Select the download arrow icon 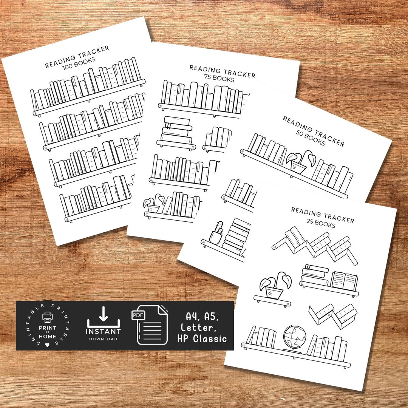(104, 315)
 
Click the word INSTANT (104, 331)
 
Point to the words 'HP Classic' (202, 338)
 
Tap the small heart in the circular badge (48, 345)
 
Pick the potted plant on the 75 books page (153, 205)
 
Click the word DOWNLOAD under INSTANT (104, 339)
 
